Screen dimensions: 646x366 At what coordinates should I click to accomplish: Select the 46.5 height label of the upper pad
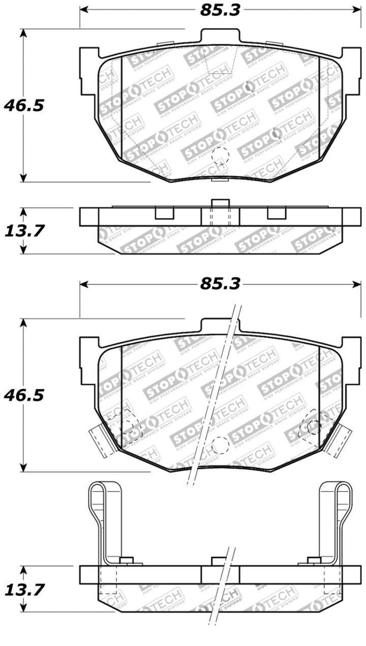click(x=24, y=105)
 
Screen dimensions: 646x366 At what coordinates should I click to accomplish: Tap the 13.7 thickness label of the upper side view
click(x=24, y=230)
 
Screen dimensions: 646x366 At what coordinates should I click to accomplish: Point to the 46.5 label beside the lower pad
click(x=24, y=394)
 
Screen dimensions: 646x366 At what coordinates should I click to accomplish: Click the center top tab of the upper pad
click(x=220, y=37)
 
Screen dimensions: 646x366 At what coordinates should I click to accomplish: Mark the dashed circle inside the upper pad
click(x=220, y=155)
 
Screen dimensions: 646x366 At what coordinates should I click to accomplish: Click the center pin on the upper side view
click(x=220, y=203)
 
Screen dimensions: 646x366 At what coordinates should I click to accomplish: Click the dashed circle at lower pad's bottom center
click(x=220, y=445)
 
